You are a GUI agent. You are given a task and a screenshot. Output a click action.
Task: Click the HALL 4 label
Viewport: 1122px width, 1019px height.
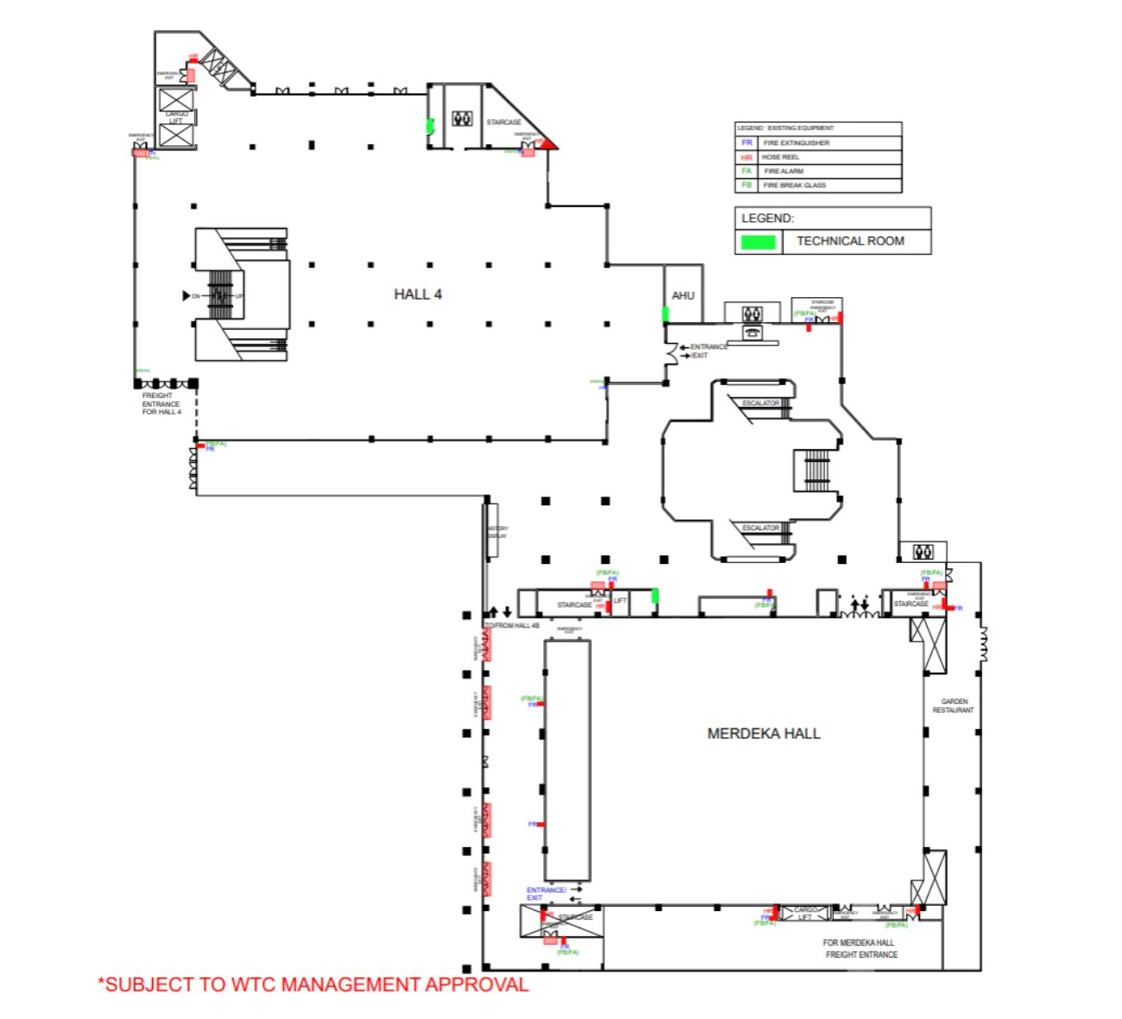tap(418, 294)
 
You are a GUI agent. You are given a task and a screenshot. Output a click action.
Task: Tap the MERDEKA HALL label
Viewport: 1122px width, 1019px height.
tap(763, 734)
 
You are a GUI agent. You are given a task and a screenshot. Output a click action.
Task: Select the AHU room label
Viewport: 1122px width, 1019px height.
tap(683, 295)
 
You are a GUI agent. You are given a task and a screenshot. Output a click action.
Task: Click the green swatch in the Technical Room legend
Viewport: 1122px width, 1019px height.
tap(759, 242)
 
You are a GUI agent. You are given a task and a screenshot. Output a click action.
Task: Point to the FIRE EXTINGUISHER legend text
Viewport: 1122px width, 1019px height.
tap(796, 142)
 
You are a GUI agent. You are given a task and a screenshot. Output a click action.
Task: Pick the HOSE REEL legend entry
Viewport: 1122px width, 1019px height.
tap(780, 157)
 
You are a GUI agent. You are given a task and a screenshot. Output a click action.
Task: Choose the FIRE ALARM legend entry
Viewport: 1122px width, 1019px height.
tap(783, 171)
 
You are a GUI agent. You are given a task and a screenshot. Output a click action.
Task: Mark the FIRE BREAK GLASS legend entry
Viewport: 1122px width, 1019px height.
tap(794, 185)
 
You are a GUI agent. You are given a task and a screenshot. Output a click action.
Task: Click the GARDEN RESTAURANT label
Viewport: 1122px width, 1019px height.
tap(953, 706)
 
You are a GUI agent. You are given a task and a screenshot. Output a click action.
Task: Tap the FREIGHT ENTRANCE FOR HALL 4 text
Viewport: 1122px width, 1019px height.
tap(161, 404)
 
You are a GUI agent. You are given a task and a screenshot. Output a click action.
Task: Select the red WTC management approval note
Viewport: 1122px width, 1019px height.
tap(313, 984)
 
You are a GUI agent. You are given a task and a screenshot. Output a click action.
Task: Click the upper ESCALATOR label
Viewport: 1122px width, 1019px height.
tap(760, 403)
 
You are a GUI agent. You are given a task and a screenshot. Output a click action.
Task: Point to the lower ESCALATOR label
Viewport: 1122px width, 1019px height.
tap(760, 528)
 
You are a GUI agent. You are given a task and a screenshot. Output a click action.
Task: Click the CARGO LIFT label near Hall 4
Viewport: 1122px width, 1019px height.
tap(176, 117)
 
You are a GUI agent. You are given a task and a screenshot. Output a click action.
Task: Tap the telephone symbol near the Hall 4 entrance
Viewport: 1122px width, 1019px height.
tap(753, 332)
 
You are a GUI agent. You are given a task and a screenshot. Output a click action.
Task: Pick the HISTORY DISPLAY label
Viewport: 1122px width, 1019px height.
tap(497, 532)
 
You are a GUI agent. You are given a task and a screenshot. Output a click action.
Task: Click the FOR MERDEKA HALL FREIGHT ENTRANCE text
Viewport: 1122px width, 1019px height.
tap(860, 949)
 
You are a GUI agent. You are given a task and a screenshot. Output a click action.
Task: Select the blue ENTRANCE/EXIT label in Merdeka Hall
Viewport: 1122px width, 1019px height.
tap(545, 894)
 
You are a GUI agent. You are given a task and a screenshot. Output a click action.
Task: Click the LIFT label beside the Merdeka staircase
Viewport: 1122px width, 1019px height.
tap(620, 600)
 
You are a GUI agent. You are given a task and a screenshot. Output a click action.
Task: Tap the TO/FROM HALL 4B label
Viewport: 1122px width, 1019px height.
tap(513, 625)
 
